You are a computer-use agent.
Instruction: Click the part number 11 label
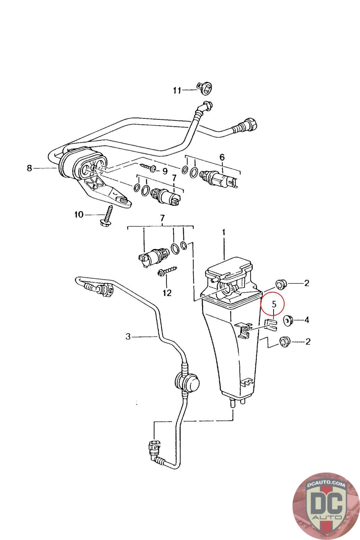pos(177,90)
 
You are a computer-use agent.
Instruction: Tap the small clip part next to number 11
pos(204,87)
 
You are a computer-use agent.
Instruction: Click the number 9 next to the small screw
pos(165,171)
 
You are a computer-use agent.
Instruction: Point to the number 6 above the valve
pos(222,158)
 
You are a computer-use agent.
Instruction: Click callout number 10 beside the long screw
pos(79,214)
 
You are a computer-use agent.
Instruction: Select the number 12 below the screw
pos(167,293)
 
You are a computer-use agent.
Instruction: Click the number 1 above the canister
pos(224,232)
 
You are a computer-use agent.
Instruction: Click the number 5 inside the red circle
pos(274,304)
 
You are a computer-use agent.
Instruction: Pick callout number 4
pos(306,320)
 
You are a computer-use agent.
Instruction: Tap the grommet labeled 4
pos(287,320)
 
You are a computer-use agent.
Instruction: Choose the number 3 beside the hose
pos(128,336)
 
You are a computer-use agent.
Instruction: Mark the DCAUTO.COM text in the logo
pos(326,484)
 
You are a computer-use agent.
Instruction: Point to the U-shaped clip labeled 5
pos(271,325)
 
